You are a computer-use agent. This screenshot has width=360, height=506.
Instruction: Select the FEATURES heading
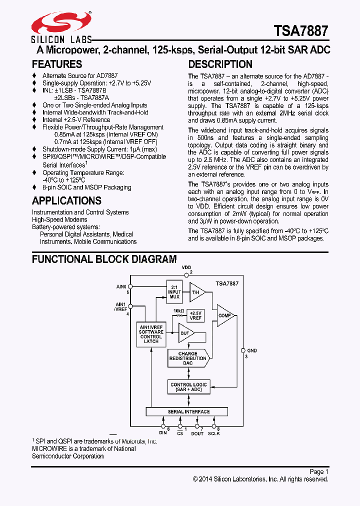[57, 64]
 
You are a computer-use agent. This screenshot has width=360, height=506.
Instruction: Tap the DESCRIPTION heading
[220, 64]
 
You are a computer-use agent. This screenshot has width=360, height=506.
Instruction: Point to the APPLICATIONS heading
[66, 201]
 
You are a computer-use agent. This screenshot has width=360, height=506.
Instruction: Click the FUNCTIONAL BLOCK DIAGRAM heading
[104, 259]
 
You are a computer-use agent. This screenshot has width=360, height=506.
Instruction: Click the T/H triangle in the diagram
[195, 292]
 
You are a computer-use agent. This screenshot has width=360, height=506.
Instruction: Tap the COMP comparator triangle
[224, 315]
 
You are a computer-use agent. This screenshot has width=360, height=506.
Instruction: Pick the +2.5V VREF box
[195, 315]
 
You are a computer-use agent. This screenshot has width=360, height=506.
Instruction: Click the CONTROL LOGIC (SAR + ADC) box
[188, 387]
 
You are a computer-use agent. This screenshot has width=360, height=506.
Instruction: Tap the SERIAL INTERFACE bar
[188, 412]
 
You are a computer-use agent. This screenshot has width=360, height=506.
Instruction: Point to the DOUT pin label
[197, 433]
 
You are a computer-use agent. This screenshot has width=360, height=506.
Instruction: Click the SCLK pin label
[213, 433]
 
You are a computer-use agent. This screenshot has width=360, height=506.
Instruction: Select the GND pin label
[251, 351]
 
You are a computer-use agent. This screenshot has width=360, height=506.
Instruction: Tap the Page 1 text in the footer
[318, 471]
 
